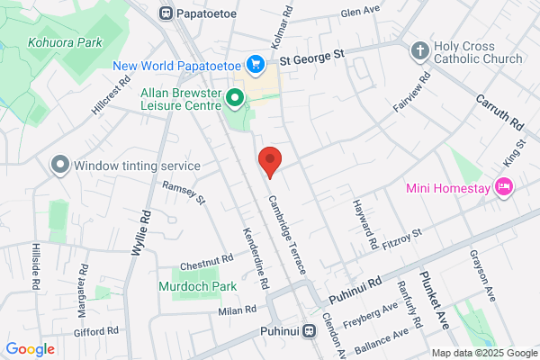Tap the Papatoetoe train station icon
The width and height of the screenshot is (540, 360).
tap(166, 13)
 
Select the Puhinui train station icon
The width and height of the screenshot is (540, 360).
tap(309, 330)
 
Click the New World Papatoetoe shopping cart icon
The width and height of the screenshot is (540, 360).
tap(257, 64)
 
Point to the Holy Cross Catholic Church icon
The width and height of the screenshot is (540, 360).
tap(419, 49)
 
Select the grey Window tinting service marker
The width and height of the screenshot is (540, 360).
tap(59, 165)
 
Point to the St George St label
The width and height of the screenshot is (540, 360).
tap(312, 56)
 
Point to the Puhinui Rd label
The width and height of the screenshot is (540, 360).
tap(355, 289)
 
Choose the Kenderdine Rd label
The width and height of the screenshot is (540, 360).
tap(253, 256)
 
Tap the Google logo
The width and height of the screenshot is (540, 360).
tap(31, 349)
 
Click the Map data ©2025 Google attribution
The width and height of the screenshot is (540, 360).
tap(482, 352)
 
